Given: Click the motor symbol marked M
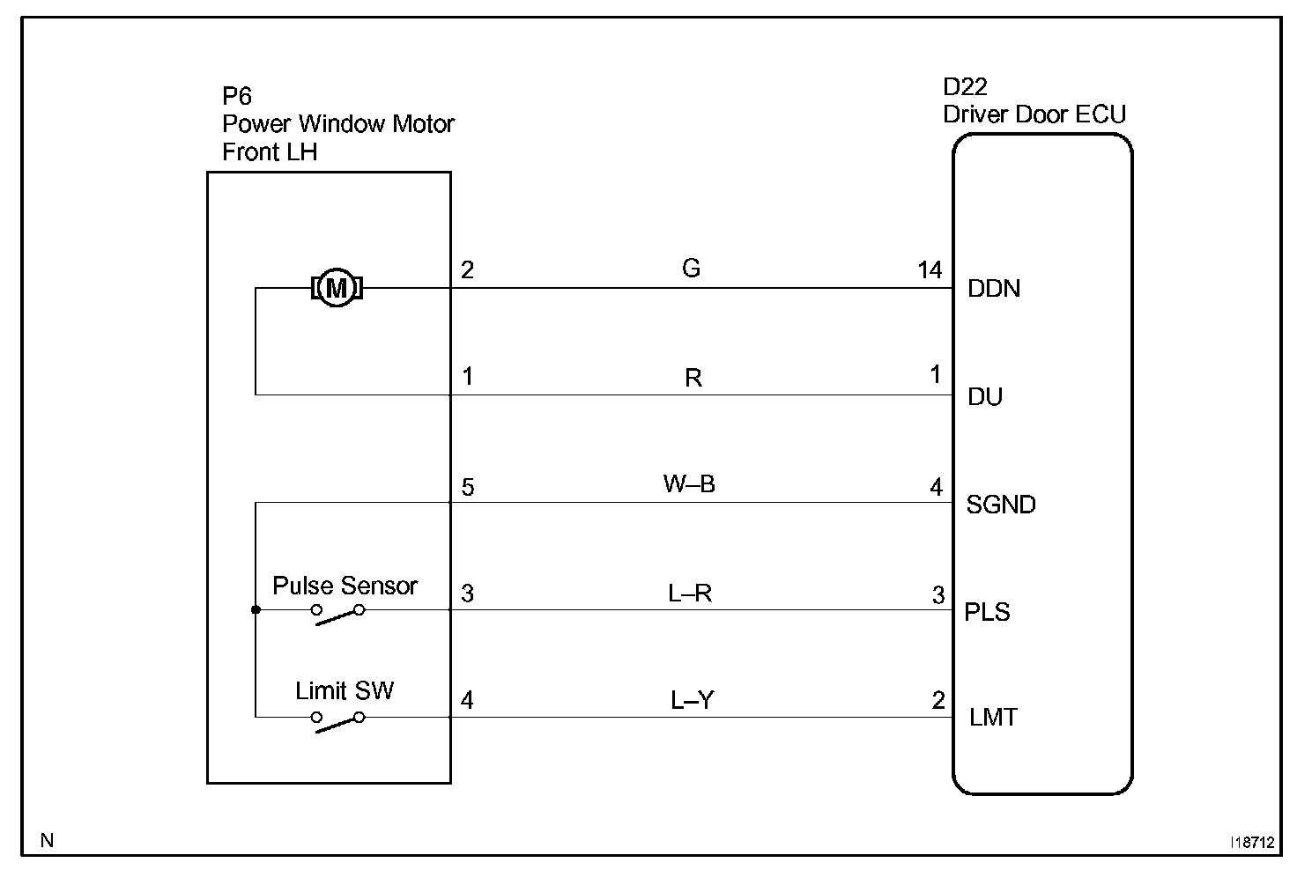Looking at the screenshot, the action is coord(337,288).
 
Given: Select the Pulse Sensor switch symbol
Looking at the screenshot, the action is coord(337,615).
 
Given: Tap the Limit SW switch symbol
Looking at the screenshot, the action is coord(337,722).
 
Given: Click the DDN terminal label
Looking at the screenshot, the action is coord(994,288).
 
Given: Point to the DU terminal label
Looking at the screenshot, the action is coord(985,396).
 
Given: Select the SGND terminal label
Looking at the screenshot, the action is coord(1001,505).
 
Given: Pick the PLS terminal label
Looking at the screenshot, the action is coord(987,612).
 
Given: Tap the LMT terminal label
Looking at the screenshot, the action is coord(993,718).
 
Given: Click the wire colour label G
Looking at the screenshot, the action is coord(691,268).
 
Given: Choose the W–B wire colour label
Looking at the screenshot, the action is coord(689,484).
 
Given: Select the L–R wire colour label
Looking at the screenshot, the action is coord(690,594).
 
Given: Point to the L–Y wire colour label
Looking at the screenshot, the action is coord(692,700).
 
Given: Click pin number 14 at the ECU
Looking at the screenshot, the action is coord(930,270).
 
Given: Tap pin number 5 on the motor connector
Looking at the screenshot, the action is coord(467,487).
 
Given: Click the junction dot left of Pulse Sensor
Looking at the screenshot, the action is coord(256,609).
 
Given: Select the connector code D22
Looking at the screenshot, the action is coord(965,87).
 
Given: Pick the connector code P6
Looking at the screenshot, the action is coord(237,96).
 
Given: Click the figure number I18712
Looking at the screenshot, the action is coord(1252,842).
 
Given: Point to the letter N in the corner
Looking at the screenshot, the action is coord(47,840).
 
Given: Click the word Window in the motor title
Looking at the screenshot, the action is coord(342,124).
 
